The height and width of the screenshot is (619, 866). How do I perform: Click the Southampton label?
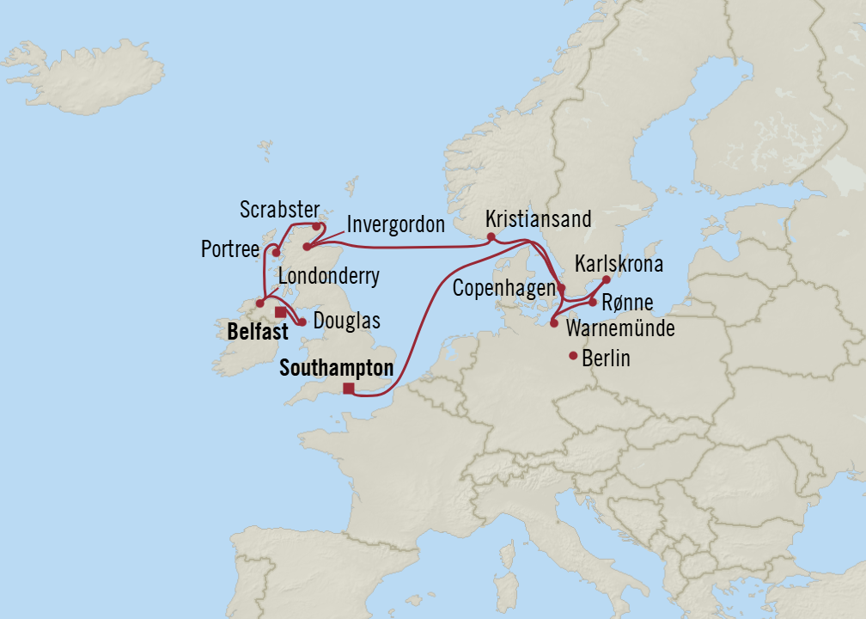point(336,369)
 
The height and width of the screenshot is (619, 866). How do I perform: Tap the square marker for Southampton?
point(348,389)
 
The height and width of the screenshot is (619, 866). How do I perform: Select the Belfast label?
point(257,330)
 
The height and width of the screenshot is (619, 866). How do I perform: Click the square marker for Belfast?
point(280,312)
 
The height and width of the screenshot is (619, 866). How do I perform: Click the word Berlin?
point(606,359)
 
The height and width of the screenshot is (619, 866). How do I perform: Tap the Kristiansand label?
point(538,219)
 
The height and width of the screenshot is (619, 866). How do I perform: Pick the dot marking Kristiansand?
point(491,236)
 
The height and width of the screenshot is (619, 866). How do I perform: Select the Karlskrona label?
point(620,262)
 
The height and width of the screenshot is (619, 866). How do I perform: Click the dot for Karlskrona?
point(607,279)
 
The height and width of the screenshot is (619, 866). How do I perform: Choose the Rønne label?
point(628,303)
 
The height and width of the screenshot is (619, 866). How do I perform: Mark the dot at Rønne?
point(593,302)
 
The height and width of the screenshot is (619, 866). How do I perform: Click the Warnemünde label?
point(619,329)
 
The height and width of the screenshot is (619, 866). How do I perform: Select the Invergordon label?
point(395,225)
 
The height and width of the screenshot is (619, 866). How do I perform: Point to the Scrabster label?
point(279,210)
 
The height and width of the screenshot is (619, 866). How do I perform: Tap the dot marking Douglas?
point(302,322)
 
